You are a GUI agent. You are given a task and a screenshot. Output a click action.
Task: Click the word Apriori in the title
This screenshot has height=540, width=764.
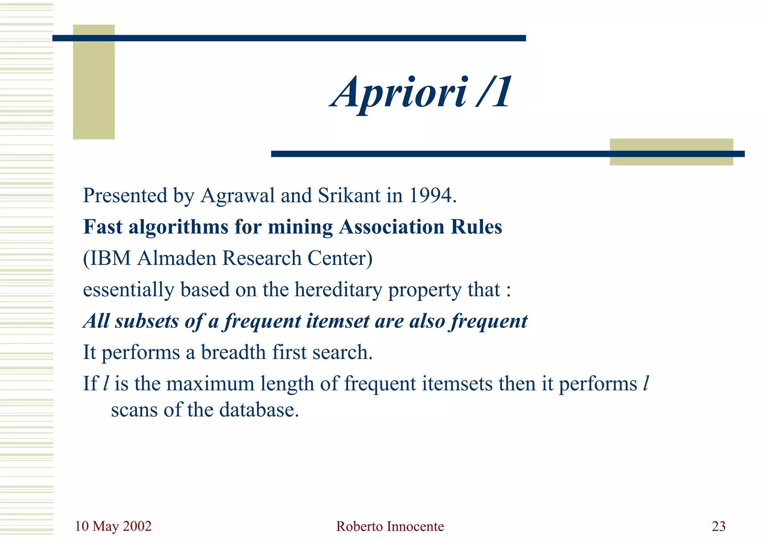398,93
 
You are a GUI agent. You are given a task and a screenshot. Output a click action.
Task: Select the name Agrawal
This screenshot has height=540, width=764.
237,196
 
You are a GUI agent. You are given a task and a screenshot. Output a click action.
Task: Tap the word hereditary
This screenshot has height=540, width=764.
338,290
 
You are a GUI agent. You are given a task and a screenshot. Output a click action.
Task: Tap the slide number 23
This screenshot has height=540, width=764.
718,526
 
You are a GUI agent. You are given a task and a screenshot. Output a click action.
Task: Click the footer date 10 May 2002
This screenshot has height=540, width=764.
113,526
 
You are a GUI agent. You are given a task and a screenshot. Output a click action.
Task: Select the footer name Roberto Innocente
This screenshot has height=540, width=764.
390,527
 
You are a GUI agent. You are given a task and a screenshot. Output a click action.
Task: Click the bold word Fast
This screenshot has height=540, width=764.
103,227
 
